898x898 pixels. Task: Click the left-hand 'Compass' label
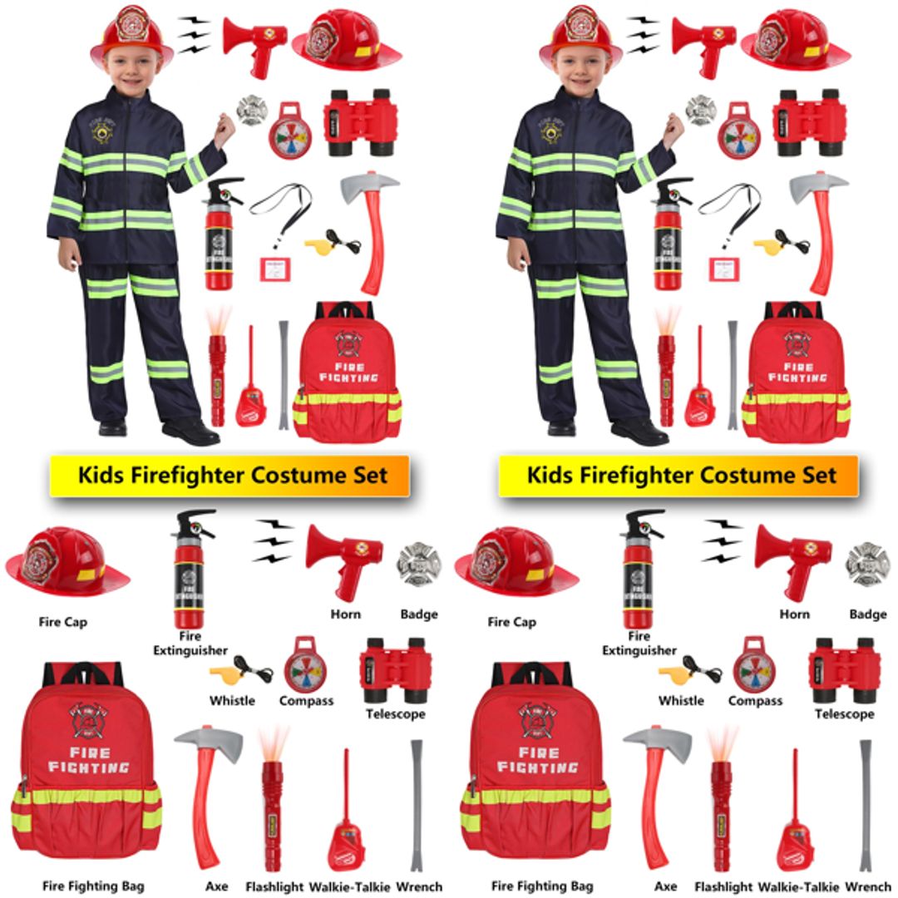(306, 701)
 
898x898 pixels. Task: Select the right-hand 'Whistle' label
(681, 701)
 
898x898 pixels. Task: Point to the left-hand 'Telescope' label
(395, 714)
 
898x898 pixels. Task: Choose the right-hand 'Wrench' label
(868, 886)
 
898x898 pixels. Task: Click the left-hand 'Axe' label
(216, 886)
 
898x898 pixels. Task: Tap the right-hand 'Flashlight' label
(723, 886)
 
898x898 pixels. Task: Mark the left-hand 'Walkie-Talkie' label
(348, 886)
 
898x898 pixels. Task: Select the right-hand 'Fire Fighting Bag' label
(542, 886)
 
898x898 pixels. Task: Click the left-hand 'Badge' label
(419, 614)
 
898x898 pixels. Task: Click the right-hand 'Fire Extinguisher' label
(639, 644)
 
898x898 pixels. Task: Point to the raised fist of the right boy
(673, 129)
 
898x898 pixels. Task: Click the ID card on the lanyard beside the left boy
(274, 268)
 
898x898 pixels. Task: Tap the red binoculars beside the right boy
(809, 121)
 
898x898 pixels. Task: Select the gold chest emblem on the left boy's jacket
(103, 131)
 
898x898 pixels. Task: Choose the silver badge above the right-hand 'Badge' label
(866, 564)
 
